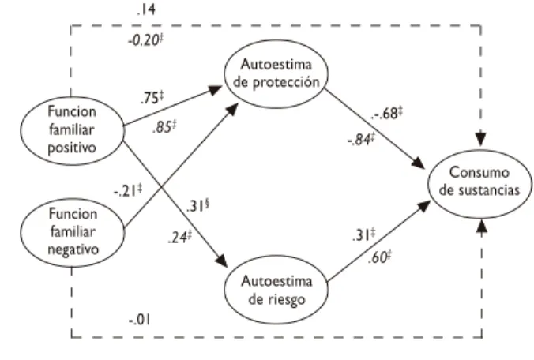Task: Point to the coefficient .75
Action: coord(152,98)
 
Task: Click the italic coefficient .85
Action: coord(164,127)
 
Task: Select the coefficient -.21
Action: coord(128,191)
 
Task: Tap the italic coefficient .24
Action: coord(179,237)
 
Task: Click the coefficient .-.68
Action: coord(387,114)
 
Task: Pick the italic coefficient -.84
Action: coord(361,140)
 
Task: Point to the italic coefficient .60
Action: coord(379,257)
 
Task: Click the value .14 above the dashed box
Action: coord(146,9)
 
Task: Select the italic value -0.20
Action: coord(145,40)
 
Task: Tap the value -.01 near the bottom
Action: coord(140,320)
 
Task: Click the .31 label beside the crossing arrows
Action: coord(197,206)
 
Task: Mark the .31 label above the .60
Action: coord(364,235)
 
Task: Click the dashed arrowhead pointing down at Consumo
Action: coord(481,140)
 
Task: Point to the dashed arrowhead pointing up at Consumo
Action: coord(481,226)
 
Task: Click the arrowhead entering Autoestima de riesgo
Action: coord(222,261)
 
